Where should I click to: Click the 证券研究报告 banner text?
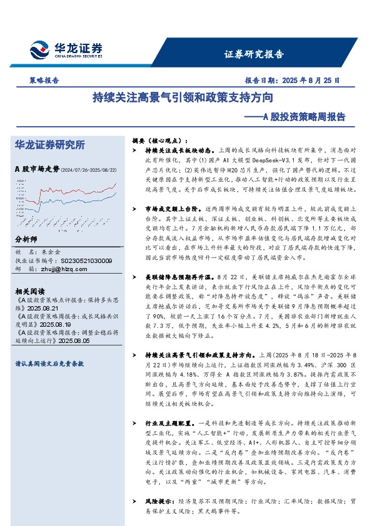pyautogui.click(x=254, y=54)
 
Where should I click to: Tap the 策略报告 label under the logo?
pyautogui.click(x=44, y=81)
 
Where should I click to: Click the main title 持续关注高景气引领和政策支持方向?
pyautogui.click(x=182, y=99)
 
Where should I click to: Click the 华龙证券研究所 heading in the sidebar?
pyautogui.click(x=49, y=144)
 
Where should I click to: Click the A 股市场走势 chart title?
pyautogui.click(x=37, y=169)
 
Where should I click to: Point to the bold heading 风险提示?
pyautogui.click(x=159, y=502)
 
